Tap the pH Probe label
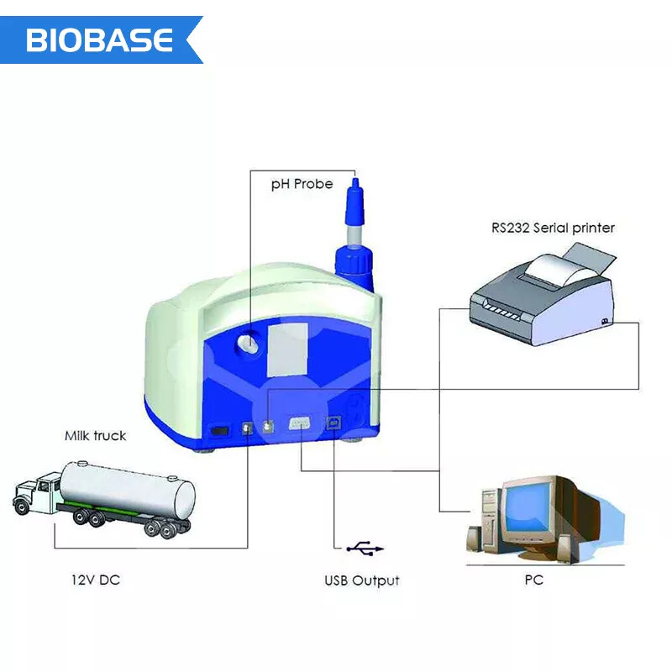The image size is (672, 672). pos(302,184)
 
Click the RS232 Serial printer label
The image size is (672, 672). pos(553,228)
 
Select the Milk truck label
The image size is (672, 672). pos(96,435)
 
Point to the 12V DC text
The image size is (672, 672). pos(94,580)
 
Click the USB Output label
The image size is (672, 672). pos(362,580)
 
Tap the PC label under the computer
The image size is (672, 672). pos(533,580)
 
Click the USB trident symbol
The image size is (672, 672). pos(365,549)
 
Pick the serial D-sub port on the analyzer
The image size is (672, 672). pos(301,425)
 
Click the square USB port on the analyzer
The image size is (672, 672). pos(335,425)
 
